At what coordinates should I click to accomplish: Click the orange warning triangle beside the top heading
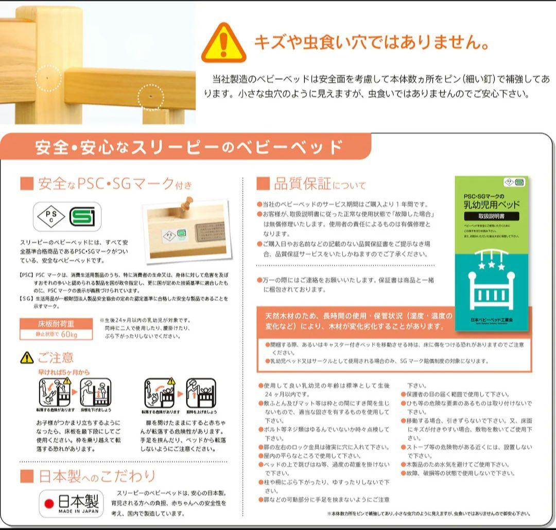pos(223,43)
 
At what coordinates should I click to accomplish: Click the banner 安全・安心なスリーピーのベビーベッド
pos(188,147)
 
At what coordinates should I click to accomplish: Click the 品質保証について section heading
pos(311,184)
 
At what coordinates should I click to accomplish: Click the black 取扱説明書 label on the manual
pos(491,216)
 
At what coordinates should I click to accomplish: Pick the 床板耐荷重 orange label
pos(56,324)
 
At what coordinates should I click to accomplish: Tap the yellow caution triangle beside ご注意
pos(27,357)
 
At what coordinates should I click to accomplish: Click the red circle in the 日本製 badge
pos(49,503)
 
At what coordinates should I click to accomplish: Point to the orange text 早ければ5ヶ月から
pos(63,371)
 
